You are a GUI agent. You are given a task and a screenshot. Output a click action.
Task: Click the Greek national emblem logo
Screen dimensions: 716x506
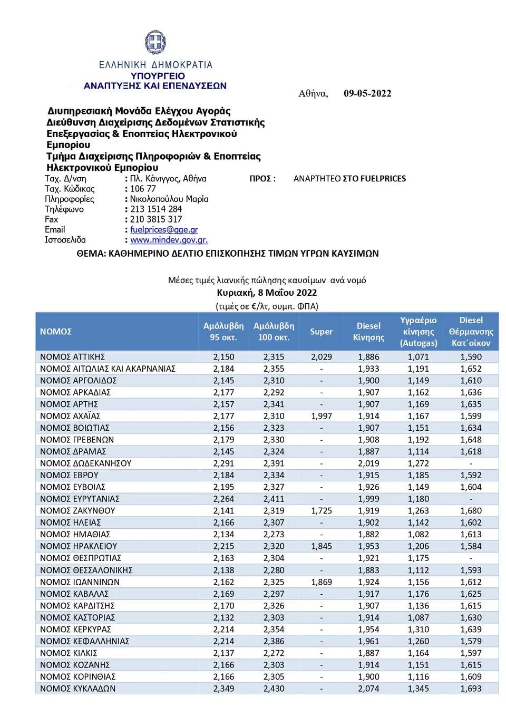[x=155, y=42]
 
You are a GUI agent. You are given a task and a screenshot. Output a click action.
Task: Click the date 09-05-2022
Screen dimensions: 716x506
[x=367, y=94]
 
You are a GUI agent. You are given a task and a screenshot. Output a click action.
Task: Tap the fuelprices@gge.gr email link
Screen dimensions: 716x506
[x=164, y=230]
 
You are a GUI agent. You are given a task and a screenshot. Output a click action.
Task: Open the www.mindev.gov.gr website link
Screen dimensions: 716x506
[x=169, y=240]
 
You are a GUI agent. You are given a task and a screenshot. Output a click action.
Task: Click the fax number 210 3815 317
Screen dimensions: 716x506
[x=156, y=219]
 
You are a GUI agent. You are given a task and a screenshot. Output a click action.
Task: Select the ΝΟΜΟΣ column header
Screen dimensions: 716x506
[x=56, y=332]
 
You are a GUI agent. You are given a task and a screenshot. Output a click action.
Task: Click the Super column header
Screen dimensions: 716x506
[x=321, y=332]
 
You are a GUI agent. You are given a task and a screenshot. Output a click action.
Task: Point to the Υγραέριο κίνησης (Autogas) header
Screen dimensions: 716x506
[x=419, y=332]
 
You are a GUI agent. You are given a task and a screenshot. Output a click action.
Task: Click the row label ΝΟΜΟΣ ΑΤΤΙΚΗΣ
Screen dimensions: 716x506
[x=72, y=357]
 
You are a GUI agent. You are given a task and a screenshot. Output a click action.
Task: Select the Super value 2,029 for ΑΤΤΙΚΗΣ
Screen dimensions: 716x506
[x=321, y=357]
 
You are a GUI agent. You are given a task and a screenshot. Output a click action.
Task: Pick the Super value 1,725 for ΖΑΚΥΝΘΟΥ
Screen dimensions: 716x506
[x=321, y=511]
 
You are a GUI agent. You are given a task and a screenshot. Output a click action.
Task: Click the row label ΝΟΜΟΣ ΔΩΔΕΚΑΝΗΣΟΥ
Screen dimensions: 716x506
[x=85, y=463]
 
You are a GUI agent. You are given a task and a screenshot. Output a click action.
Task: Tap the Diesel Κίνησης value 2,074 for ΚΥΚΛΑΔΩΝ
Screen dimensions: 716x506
[x=368, y=689]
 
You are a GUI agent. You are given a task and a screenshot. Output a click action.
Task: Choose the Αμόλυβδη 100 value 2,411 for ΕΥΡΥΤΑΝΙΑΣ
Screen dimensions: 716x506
[x=274, y=499]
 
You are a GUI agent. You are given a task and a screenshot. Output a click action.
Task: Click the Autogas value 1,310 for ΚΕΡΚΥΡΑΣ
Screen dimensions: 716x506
[x=418, y=630]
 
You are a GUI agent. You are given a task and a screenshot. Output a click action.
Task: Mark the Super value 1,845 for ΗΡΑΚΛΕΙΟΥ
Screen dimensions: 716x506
[x=321, y=546]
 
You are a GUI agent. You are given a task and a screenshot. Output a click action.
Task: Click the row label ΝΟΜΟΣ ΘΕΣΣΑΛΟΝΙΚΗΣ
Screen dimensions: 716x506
[x=86, y=570]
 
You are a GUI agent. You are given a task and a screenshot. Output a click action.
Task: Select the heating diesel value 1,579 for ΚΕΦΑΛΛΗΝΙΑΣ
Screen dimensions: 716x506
[x=471, y=641]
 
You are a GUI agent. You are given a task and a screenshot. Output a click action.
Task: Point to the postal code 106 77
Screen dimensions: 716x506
[x=143, y=189]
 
